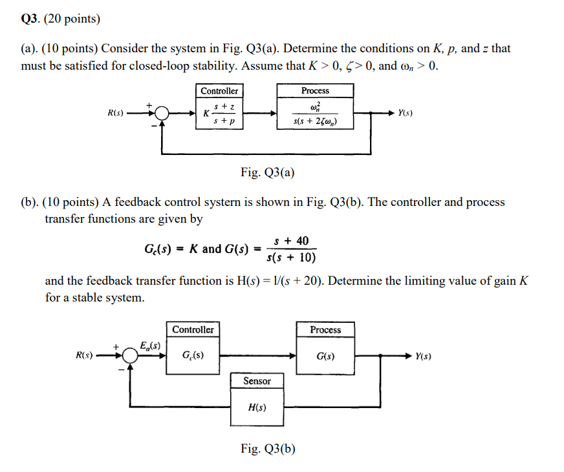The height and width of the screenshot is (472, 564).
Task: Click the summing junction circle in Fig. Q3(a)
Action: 162,114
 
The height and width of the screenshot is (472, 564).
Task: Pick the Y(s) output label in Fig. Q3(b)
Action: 424,356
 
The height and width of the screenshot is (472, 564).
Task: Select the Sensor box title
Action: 257,381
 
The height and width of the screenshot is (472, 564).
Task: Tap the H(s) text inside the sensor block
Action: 257,407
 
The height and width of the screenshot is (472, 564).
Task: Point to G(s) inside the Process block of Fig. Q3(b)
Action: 325,356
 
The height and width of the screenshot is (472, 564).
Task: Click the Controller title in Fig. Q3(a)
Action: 219,91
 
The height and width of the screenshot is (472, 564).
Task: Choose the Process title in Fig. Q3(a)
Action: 315,91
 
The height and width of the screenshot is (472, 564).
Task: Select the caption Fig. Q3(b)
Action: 268,449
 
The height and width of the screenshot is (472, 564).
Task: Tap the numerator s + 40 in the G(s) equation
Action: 291,241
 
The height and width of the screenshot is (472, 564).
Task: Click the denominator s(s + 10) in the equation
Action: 291,258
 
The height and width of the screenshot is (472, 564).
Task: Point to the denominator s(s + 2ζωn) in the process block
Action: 315,121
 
